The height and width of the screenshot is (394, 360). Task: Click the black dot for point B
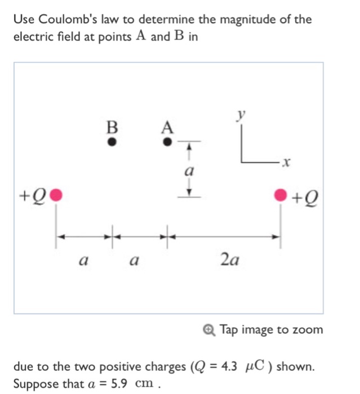tap(112, 142)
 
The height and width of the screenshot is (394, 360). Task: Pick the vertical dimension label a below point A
tap(189, 169)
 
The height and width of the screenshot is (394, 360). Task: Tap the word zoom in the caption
tap(308, 329)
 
